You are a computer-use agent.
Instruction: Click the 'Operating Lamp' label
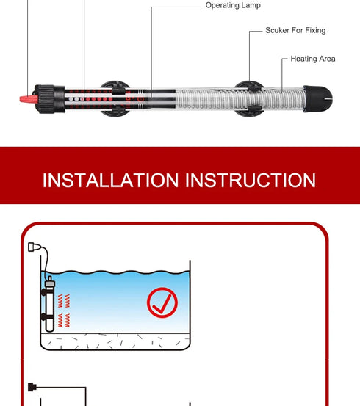pos(233,6)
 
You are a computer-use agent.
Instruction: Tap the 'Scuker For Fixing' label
pos(295,31)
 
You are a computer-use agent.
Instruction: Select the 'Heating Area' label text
pos(312,59)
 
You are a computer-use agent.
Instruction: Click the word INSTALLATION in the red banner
pos(110,180)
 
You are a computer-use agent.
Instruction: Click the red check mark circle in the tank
pos(162,302)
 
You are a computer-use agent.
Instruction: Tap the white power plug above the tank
pos(33,247)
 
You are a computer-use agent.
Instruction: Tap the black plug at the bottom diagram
pos(31,386)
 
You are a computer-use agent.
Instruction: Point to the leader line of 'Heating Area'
pos(283,70)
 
